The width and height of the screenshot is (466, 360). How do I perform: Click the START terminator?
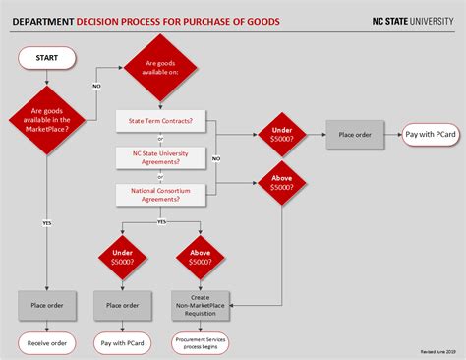[x=46, y=58]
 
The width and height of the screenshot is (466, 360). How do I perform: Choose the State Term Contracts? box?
[x=161, y=121]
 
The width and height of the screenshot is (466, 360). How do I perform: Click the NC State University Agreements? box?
[x=161, y=157]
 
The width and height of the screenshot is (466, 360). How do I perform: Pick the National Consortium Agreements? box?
[x=161, y=194]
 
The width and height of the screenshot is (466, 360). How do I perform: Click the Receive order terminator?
[x=46, y=342]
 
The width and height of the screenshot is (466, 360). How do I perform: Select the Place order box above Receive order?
[x=46, y=305]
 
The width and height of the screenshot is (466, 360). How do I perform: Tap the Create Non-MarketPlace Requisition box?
[x=200, y=305]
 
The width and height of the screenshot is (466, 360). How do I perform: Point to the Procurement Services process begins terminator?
[x=200, y=342]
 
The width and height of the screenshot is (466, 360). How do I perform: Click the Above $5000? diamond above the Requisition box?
[x=200, y=259]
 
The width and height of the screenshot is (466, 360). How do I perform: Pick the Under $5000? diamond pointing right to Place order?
[x=280, y=134]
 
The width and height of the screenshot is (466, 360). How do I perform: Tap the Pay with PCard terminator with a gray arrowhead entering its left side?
[x=430, y=134]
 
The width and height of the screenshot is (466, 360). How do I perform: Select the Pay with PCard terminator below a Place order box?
[x=123, y=342]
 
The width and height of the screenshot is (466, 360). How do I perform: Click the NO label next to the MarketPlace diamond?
[x=96, y=87]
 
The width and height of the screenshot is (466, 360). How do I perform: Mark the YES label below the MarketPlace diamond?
[x=46, y=223]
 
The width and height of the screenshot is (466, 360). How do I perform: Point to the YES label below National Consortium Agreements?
[x=161, y=222]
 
